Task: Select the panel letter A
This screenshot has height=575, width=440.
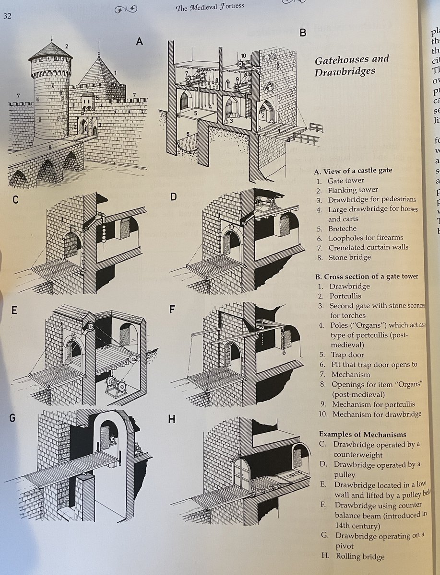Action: tap(140, 42)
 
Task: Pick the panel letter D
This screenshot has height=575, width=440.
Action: tap(173, 198)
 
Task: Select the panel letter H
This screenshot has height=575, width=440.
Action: tap(171, 418)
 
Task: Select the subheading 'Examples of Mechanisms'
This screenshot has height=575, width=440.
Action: tap(362, 434)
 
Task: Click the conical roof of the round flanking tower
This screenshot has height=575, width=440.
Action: tap(50, 50)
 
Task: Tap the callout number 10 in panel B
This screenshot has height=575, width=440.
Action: tap(243, 56)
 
